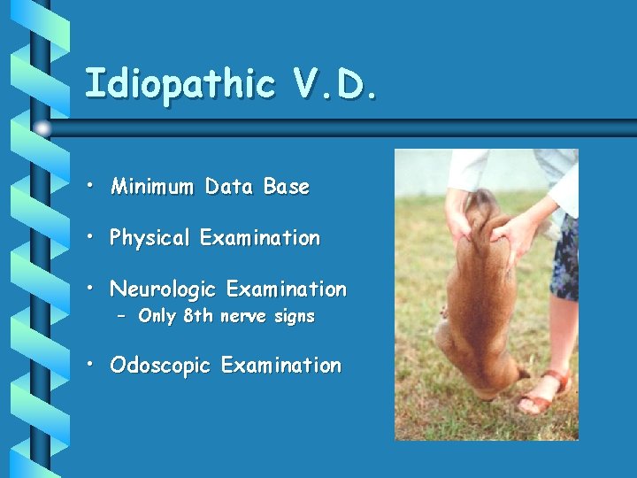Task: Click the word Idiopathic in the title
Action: click(180, 85)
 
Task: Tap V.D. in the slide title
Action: click(334, 85)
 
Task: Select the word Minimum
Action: click(152, 187)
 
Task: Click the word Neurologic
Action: click(165, 289)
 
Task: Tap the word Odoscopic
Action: click(161, 366)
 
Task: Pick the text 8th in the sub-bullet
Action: click(198, 316)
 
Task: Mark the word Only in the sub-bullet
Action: click(157, 316)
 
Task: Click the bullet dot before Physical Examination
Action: click(92, 238)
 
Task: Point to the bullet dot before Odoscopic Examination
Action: click(92, 366)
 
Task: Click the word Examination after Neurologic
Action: click(287, 289)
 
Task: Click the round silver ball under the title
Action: click(42, 128)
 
